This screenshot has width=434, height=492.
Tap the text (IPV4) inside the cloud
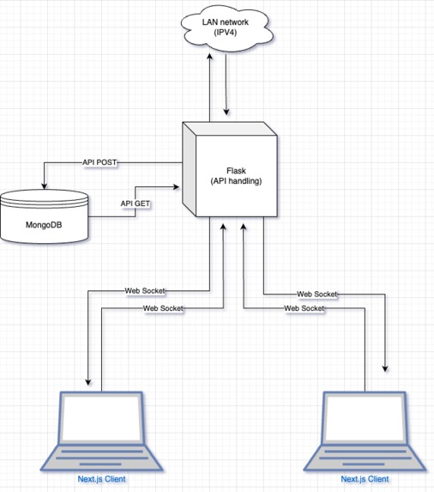[x=226, y=32]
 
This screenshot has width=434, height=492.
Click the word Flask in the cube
[x=236, y=171]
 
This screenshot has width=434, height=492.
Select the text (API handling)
[x=236, y=181]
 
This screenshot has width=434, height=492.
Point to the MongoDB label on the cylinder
[x=44, y=225]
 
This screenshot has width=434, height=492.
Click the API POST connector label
[x=99, y=162]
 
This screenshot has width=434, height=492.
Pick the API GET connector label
[x=135, y=203]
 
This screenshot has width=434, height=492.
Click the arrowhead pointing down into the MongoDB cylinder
[x=45, y=185]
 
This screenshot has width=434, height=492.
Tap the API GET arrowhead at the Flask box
[x=176, y=187]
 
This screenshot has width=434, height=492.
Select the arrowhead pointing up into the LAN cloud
[x=209, y=56]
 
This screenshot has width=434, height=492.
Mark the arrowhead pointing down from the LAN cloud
[x=226, y=112]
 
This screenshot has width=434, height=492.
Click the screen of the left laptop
[x=101, y=417]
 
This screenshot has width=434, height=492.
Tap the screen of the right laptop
[x=365, y=417]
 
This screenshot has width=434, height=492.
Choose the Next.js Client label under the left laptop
[x=101, y=479]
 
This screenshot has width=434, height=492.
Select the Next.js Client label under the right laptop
[x=365, y=479]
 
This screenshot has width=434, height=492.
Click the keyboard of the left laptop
[x=101, y=458]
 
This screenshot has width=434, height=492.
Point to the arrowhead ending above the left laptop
[x=88, y=381]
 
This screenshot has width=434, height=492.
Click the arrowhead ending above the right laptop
[x=385, y=368]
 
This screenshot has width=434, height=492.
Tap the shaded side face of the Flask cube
[x=190, y=169]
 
